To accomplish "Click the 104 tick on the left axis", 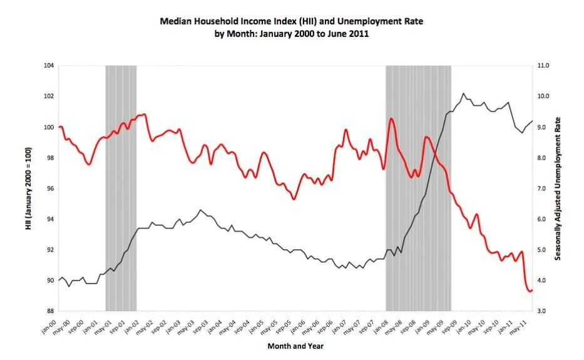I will pyautogui.click(x=49, y=66).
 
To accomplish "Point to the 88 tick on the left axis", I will pyautogui.click(x=49, y=311).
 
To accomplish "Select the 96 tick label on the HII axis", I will pyautogui.click(x=49, y=188).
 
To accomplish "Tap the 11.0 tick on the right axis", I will pyautogui.click(x=543, y=66).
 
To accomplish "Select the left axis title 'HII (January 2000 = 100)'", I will pyautogui.click(x=29, y=188).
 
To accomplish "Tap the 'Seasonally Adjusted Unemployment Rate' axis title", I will pyautogui.click(x=558, y=188).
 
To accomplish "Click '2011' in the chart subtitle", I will pyautogui.click(x=359, y=34).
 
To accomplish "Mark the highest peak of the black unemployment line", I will pyautogui.click(x=463, y=94).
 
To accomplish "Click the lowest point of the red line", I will pyautogui.click(x=530, y=291).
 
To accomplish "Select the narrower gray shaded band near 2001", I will pyautogui.click(x=121, y=188).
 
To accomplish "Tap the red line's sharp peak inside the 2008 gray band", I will pyautogui.click(x=391, y=118).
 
